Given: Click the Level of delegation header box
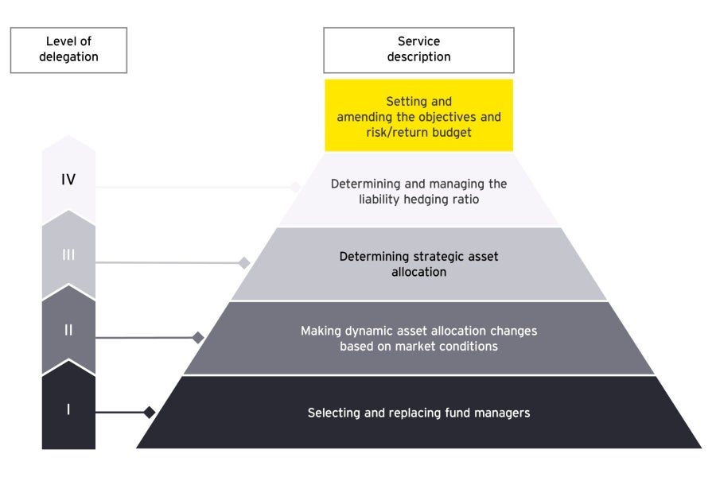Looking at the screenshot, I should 68,49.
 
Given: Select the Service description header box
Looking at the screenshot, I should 418,49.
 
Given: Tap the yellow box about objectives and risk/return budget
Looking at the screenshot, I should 418,116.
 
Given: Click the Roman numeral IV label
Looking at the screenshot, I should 68,180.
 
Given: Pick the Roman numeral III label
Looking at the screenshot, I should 68,254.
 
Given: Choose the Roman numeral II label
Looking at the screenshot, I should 68,329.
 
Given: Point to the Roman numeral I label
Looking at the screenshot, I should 68,410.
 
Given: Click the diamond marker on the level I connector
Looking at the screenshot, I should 149,412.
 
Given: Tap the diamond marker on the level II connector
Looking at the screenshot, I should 198,338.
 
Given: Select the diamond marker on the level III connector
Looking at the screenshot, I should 244,262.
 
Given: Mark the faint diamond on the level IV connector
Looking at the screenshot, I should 295,188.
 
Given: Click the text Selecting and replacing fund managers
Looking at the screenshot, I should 418,413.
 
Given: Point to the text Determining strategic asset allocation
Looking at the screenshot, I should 418,264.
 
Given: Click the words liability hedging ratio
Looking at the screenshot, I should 419,199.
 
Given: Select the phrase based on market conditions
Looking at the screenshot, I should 418,346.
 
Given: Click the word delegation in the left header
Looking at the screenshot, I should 68,56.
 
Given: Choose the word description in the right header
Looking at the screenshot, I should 418,56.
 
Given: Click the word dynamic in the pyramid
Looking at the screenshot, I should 376,331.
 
